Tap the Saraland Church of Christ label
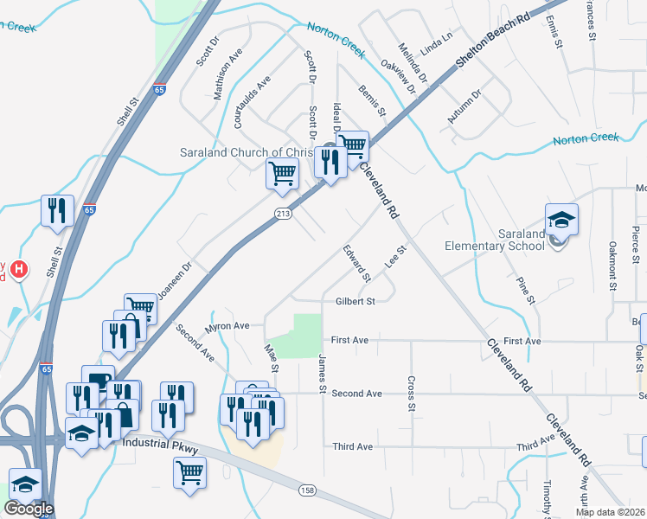pyautogui.click(x=244, y=152)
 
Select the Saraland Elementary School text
pyautogui.click(x=496, y=240)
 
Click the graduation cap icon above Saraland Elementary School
pyautogui.click(x=561, y=221)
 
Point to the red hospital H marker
pyautogui.click(x=18, y=270)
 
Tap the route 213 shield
pyautogui.click(x=283, y=214)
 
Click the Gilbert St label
pyautogui.click(x=355, y=302)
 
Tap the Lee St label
pyautogui.click(x=396, y=257)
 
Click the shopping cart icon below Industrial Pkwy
pyautogui.click(x=189, y=472)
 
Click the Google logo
pyautogui.click(x=29, y=509)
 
